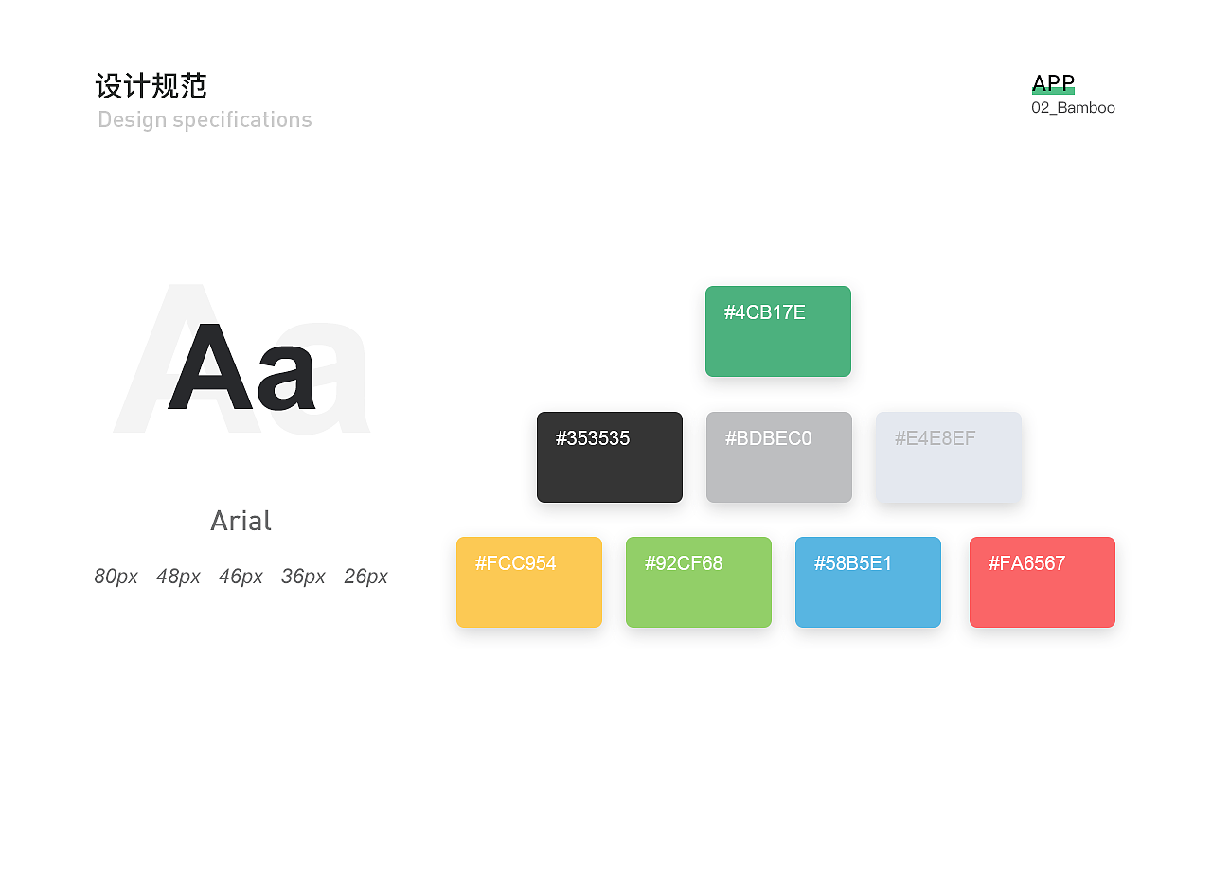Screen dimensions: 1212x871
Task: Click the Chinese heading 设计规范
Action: click(151, 86)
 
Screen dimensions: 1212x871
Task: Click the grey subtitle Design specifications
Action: click(205, 120)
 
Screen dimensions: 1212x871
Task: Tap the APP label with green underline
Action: click(1053, 83)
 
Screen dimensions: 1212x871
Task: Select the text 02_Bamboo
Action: click(1073, 108)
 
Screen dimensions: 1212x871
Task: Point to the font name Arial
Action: click(241, 521)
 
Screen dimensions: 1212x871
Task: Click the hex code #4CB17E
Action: click(764, 312)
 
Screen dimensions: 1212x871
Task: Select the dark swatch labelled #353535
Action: click(610, 457)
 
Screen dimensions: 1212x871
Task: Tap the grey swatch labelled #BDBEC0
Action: click(779, 457)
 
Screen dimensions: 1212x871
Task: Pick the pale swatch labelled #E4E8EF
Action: click(949, 457)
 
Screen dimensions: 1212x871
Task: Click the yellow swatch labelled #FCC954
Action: click(529, 582)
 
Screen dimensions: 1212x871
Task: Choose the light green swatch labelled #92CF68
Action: click(699, 582)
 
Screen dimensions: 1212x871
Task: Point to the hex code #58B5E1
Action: click(853, 563)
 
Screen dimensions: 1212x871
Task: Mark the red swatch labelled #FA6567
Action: click(1043, 582)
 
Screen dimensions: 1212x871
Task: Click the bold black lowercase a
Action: click(286, 378)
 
